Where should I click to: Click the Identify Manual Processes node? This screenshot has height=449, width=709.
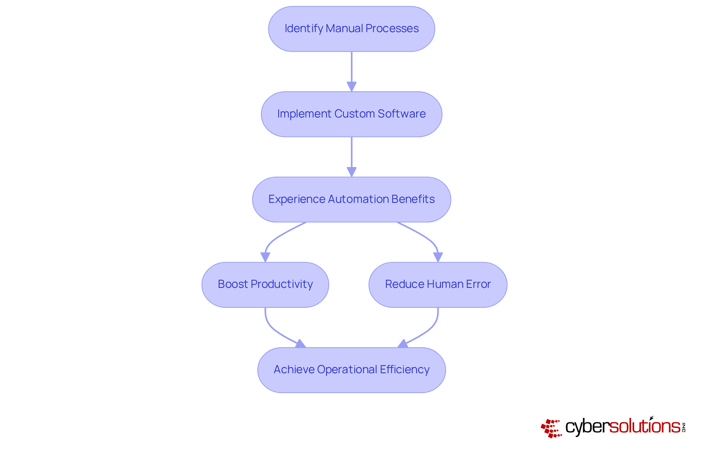[351, 29]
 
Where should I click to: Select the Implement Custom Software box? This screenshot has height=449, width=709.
[351, 114]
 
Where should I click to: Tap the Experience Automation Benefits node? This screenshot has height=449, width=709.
[351, 200]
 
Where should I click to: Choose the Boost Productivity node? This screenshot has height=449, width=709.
[265, 285]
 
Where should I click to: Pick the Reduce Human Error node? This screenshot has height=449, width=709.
[438, 285]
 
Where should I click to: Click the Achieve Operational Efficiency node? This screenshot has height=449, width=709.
[351, 370]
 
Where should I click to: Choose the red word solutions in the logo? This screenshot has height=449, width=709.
[644, 426]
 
